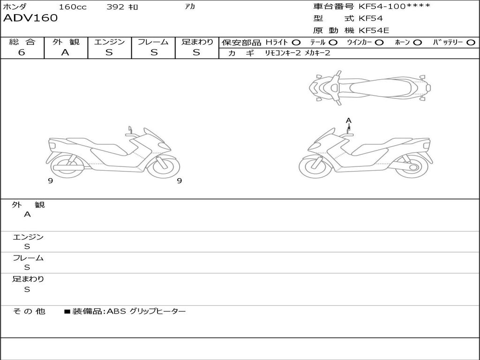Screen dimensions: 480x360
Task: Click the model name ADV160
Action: pos(30,18)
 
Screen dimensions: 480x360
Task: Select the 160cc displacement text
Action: pos(73,7)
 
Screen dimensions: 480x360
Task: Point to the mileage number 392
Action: pos(115,7)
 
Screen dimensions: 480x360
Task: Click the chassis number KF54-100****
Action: pos(394,7)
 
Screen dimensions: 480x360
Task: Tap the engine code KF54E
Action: pos(374,30)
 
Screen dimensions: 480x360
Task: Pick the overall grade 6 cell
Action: pos(22,52)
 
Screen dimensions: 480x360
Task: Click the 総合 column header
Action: pos(22,42)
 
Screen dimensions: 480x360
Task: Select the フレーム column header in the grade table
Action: pos(153,42)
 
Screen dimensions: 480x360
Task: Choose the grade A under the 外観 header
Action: pos(65,52)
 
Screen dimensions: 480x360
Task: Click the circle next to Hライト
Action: pos(296,43)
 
